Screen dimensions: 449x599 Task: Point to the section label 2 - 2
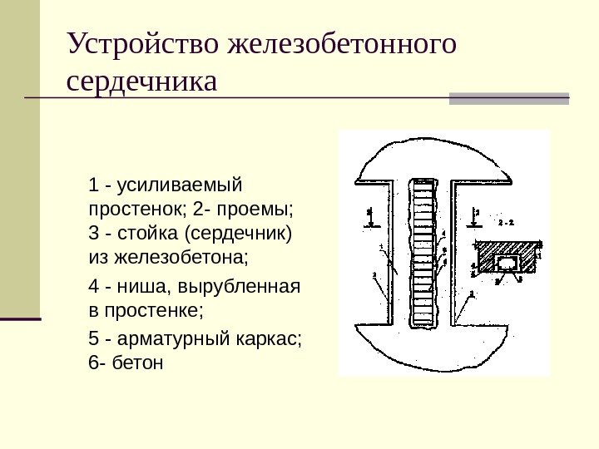click(506, 223)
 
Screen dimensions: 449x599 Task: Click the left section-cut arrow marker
click(370, 220)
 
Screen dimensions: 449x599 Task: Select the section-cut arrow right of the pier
click(474, 218)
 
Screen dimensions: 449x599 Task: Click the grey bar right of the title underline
click(508, 97)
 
